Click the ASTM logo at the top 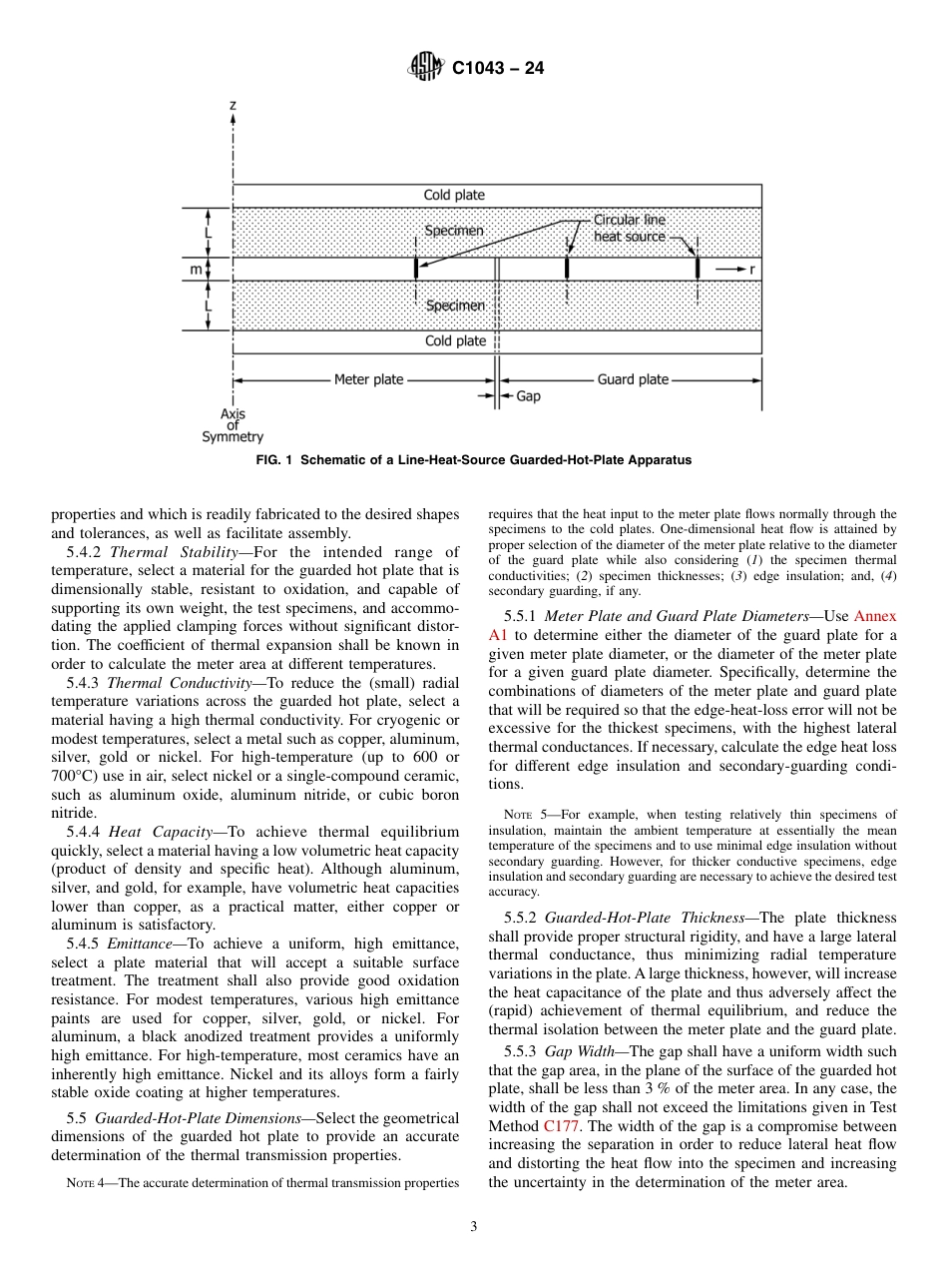[426, 68]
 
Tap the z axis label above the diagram [233, 104]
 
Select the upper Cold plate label [455, 195]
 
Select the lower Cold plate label [455, 341]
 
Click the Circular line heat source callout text [629, 228]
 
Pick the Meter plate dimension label [368, 379]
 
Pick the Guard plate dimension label [633, 379]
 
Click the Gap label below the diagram [528, 396]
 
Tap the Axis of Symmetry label [233, 425]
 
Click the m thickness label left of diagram [197, 269]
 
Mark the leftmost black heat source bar [416, 269]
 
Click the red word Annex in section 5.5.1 [875, 616]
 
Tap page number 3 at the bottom [474, 1227]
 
